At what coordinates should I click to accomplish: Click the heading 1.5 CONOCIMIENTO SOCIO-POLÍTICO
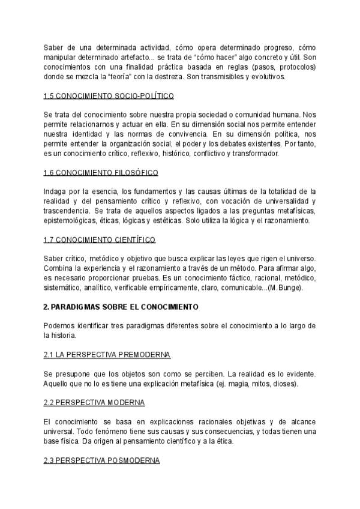pyautogui.click(x=109, y=96)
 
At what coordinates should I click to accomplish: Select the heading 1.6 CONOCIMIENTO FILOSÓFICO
pyautogui.click(x=101, y=173)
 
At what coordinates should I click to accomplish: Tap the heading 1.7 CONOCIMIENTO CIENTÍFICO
pyautogui.click(x=100, y=239)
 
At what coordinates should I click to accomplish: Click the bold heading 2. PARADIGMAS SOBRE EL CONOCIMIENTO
pyautogui.click(x=121, y=306)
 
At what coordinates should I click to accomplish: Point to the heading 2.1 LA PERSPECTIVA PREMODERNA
pyautogui.click(x=107, y=355)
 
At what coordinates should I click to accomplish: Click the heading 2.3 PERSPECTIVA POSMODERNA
pyautogui.click(x=101, y=460)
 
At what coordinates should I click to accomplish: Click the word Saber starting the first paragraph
pyautogui.click(x=53, y=47)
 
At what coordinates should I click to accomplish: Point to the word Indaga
pyautogui.click(x=55, y=191)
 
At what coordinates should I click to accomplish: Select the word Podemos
pyautogui.click(x=60, y=326)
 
